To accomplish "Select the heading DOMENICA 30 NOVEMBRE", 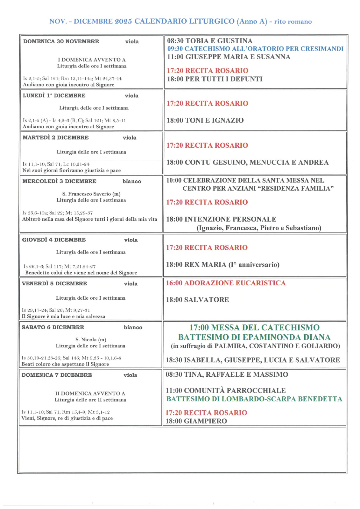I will pyautogui.click(x=61, y=41).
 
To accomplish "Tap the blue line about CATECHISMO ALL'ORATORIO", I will pyautogui.click(x=255, y=49).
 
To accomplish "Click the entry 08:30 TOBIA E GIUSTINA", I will pyautogui.click(x=209, y=41).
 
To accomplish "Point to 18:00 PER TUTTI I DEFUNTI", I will pyautogui.click(x=215, y=79).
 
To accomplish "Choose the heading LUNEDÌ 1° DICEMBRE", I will pyautogui.click(x=54, y=95).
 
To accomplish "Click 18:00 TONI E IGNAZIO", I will pyautogui.click(x=205, y=120).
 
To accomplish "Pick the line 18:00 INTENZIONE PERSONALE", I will pyautogui.click(x=221, y=219).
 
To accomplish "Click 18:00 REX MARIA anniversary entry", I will pyautogui.click(x=222, y=265).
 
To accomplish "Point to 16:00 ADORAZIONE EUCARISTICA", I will pyautogui.click(x=226, y=283).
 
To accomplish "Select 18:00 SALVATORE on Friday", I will pyautogui.click(x=197, y=300).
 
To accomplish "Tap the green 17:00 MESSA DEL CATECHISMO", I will pyautogui.click(x=254, y=327).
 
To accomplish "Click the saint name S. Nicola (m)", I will pyautogui.click(x=91, y=339).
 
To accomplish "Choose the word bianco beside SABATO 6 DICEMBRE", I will pyautogui.click(x=133, y=327).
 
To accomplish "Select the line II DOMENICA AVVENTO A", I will pyautogui.click(x=90, y=393).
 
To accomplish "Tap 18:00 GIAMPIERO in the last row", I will pyautogui.click(x=196, y=421).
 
